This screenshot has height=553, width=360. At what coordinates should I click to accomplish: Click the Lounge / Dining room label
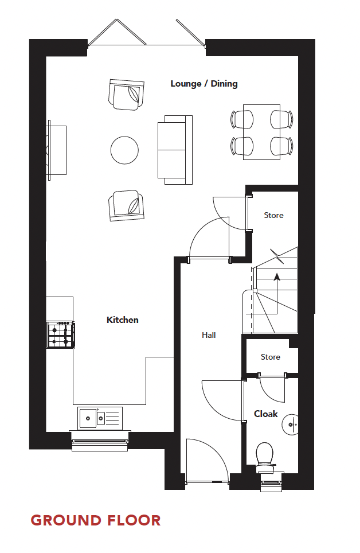204,84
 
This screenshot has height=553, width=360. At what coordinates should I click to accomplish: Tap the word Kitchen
123,320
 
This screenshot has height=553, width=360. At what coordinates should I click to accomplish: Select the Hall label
209,335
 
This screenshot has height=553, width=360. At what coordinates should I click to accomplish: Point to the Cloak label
266,414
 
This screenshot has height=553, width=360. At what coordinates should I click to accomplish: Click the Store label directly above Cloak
271,357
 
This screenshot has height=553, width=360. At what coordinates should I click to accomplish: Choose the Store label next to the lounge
273,215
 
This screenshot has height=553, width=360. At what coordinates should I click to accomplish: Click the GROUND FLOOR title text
96,520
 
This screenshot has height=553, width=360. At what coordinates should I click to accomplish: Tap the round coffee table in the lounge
124,150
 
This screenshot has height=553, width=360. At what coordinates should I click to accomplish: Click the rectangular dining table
261,132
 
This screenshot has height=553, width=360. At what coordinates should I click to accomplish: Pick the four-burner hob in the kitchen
60,335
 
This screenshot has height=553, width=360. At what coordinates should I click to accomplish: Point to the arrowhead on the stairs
277,276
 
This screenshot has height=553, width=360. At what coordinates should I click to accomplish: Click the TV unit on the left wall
57,150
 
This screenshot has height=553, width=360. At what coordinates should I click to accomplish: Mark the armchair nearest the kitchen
126,205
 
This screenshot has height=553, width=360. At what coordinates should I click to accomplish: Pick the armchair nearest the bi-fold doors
126,94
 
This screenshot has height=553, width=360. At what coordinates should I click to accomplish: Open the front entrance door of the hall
207,459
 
